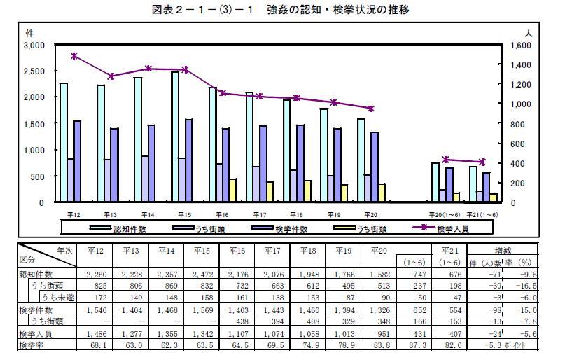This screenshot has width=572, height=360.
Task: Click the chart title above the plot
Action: pyautogui.click(x=280, y=10)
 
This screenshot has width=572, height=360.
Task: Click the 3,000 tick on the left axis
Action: pyautogui.click(x=34, y=45)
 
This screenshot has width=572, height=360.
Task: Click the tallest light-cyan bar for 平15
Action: pyautogui.click(x=174, y=137)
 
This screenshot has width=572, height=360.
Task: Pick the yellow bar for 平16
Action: pyautogui.click(x=232, y=191)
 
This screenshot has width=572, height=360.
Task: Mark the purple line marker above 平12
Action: pyautogui.click(x=74, y=56)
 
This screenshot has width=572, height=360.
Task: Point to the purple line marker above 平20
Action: pyautogui.click(x=371, y=109)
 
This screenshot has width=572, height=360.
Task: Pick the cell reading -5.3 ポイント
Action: pyautogui.click(x=510, y=345)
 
